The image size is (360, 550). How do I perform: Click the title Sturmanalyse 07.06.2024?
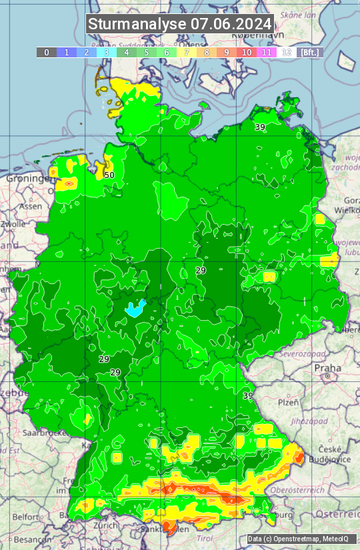(180, 24)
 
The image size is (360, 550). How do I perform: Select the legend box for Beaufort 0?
(47, 52)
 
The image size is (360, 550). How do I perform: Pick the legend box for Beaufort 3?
(107, 52)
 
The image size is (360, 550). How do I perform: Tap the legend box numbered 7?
(187, 52)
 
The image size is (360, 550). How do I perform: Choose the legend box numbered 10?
(247, 52)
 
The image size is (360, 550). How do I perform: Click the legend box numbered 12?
(287, 52)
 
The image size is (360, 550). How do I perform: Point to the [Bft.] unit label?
(310, 52)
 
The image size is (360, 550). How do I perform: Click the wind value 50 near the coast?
(109, 175)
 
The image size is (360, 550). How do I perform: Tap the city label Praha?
(327, 367)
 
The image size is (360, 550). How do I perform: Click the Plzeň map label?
(288, 402)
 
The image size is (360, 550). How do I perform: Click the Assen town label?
(30, 207)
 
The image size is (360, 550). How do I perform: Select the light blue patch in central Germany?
(135, 308)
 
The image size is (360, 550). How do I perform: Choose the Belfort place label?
(26, 517)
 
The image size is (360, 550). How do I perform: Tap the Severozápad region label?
(302, 353)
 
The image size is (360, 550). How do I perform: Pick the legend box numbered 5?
(147, 52)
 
